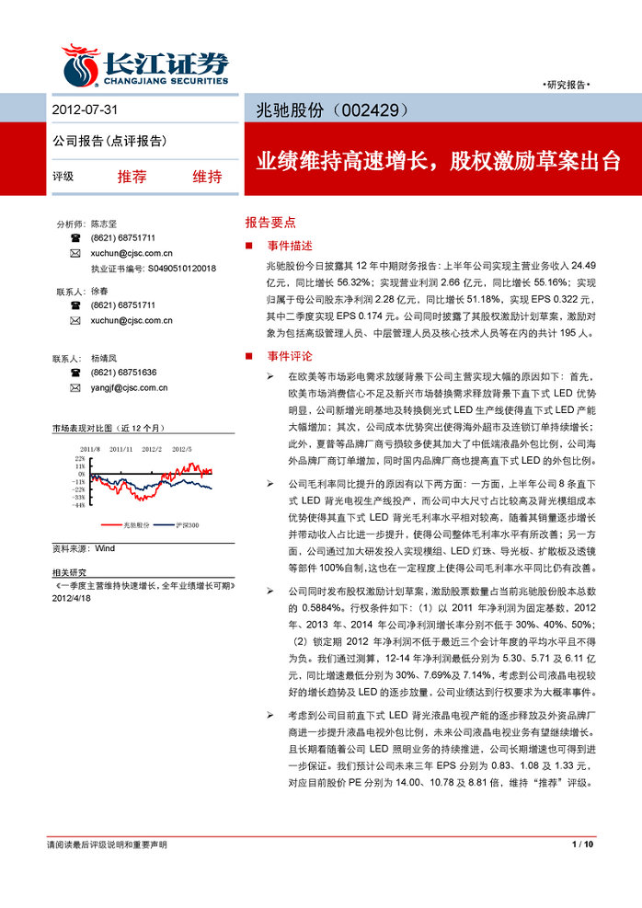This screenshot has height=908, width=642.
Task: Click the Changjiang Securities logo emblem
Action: tap(81, 66)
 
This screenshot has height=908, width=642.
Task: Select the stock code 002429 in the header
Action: tap(370, 109)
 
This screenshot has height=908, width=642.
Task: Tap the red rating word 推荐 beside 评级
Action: tap(132, 177)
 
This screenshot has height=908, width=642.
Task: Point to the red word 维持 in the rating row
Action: tap(207, 177)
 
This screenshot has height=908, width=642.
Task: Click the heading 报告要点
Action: tap(269, 222)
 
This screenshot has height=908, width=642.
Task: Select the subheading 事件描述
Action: tap(290, 246)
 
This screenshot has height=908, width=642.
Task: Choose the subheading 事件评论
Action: tap(290, 355)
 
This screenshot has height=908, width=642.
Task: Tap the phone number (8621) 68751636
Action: tap(123, 373)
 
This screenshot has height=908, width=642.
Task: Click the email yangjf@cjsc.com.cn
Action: tap(130, 388)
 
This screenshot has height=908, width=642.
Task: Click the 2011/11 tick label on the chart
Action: tap(120, 449)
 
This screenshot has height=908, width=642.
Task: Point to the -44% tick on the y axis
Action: tap(80, 505)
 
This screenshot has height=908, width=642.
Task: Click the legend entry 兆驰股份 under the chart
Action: tap(136, 524)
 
